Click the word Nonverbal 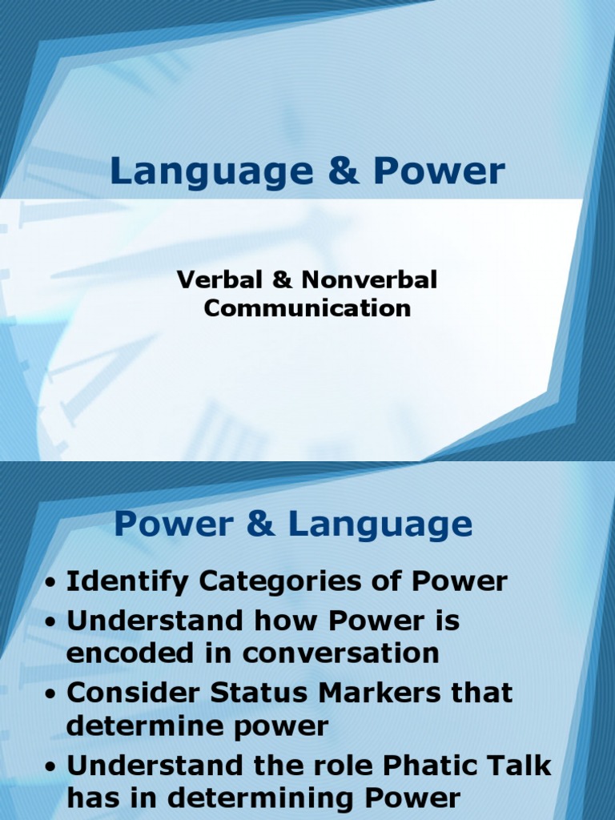click(x=369, y=280)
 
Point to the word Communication click(x=307, y=308)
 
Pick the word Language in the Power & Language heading click(x=380, y=526)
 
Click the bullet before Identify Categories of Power click(x=50, y=583)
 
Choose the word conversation click(x=340, y=653)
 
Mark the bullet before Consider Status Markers click(x=50, y=694)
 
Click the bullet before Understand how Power click(x=50, y=621)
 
